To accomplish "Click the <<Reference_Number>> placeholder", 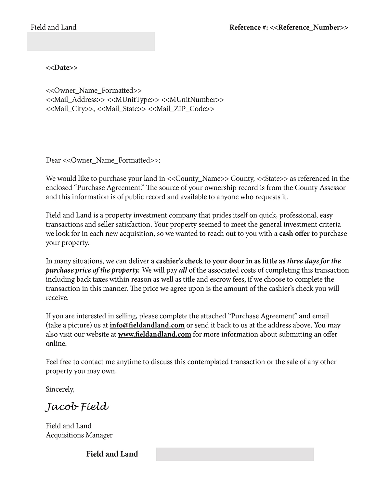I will coord(309,27).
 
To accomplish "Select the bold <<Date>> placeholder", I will coord(62,68).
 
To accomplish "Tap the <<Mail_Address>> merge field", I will coord(75,100).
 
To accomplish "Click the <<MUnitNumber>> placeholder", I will coord(192,100).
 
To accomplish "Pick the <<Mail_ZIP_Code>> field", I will coord(181,109).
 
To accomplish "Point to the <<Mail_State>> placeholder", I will coord(121,109).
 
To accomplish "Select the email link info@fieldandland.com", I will coord(147,325).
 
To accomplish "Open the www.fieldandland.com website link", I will coord(154,334).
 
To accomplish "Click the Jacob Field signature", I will coord(77,407).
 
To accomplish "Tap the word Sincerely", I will coord(60,389).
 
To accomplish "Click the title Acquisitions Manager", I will coord(79,435).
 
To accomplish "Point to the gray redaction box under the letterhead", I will coord(91,42).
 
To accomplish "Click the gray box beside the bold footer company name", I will coord(235,454).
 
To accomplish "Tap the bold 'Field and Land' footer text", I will coord(112,454).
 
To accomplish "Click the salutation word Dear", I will coord(53,160).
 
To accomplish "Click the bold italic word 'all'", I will coord(183,270).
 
